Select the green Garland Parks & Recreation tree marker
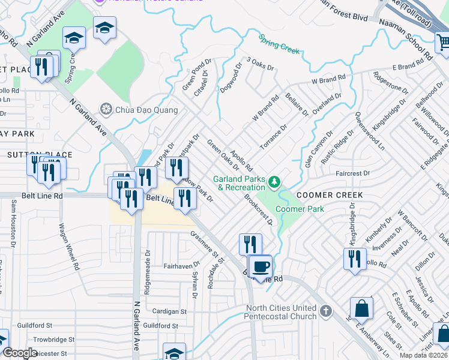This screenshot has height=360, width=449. (x=274, y=181)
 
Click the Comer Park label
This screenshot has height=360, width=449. (x=300, y=209)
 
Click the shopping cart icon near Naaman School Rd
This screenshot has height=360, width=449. (x=443, y=42)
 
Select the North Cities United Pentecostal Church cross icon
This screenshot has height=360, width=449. (x=325, y=311)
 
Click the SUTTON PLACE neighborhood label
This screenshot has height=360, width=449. (x=40, y=155)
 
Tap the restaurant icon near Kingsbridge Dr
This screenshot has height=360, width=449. (x=355, y=259)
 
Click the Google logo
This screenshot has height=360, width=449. (x=20, y=353)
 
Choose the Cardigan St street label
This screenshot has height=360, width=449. (x=170, y=311)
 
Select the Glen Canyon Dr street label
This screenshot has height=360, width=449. (x=318, y=150)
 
